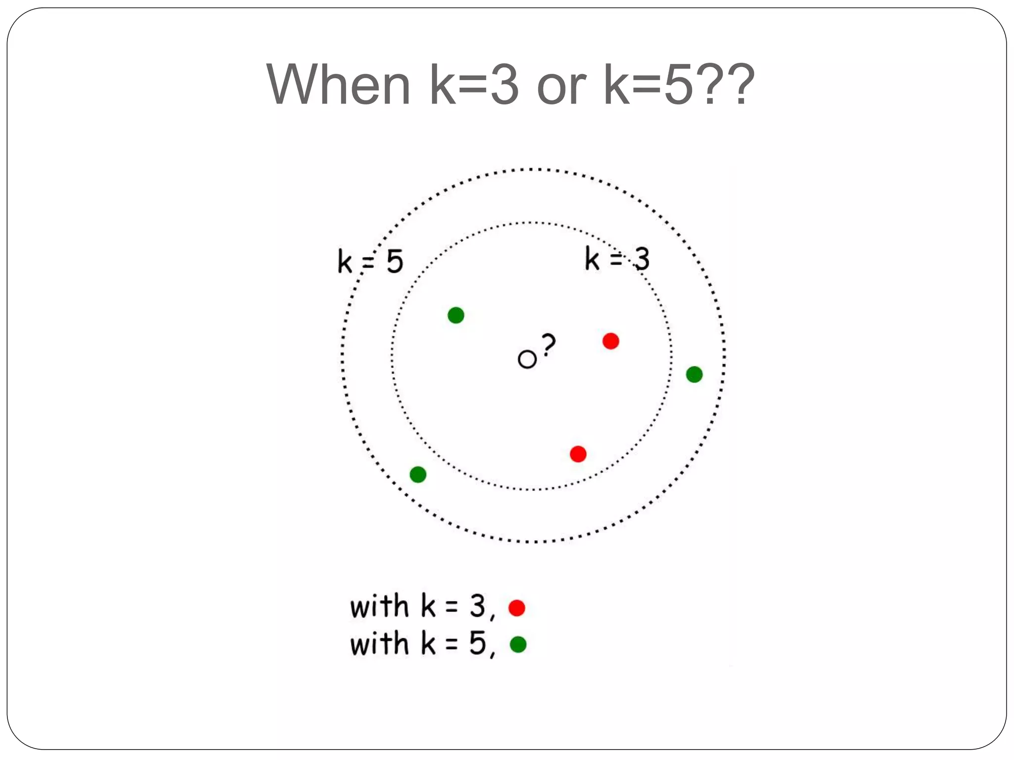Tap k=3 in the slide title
coord(474,85)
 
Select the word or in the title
coord(561,85)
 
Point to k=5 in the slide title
coord(648,85)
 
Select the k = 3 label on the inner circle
coord(617,259)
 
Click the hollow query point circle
coord(527,359)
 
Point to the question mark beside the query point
coord(548,344)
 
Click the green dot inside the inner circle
coord(456,315)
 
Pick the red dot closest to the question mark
coord(610,341)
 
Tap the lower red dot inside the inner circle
coord(578,454)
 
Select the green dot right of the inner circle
coord(694,375)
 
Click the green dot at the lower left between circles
coord(418,475)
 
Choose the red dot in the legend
coord(516,608)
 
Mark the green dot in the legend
coord(518,644)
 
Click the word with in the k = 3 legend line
coord(379,606)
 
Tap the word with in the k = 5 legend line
coord(379,644)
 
